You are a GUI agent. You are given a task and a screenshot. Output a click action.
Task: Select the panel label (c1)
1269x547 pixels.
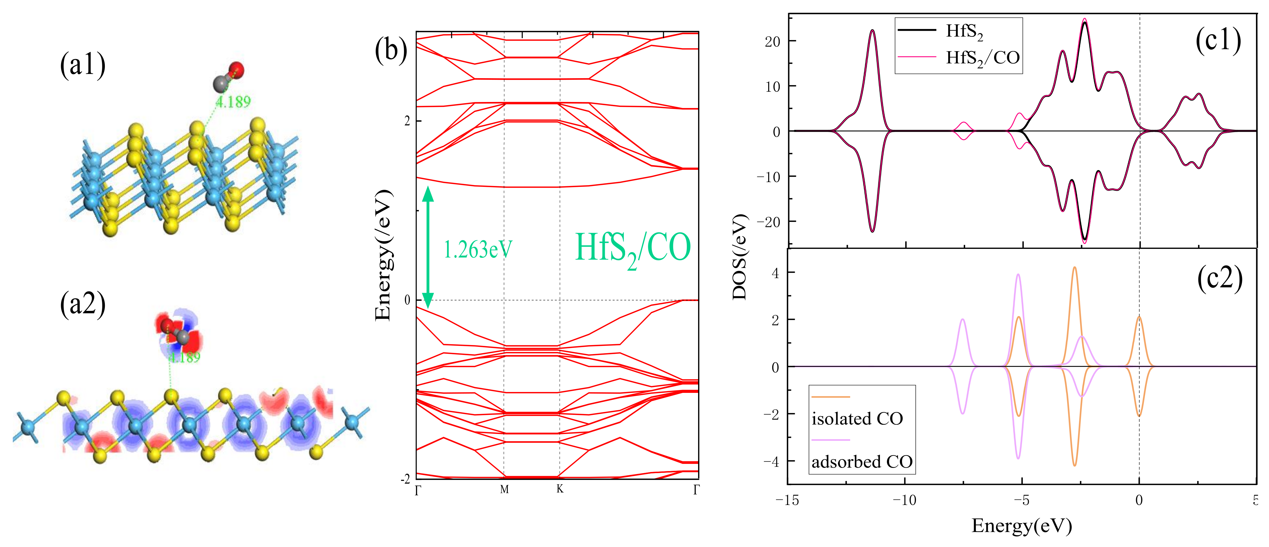[1218, 39]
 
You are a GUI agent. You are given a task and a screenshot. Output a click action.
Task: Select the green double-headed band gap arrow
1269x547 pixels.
[428, 248]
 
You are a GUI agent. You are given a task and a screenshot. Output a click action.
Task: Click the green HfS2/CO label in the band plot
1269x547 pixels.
[633, 249]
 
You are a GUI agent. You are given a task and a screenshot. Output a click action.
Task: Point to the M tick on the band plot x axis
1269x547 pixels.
[504, 489]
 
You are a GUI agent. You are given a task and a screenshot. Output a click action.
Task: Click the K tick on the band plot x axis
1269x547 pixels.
[560, 489]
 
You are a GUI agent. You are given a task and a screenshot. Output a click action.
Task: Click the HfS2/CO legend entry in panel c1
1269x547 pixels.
[982, 58]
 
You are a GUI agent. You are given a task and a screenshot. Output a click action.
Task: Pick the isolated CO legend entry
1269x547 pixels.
[857, 418]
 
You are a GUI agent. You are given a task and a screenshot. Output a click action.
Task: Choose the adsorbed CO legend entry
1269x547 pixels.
[862, 462]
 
